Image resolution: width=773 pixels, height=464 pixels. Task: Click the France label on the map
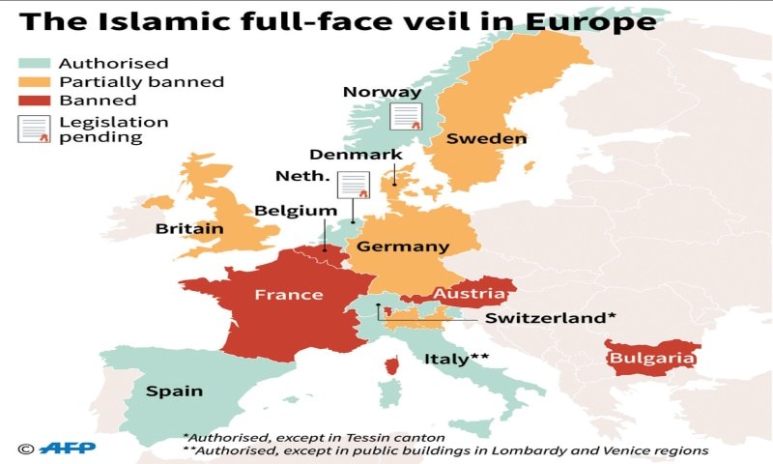(288, 294)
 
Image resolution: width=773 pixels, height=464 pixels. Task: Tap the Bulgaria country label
(650, 359)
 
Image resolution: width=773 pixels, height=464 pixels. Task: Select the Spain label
(174, 391)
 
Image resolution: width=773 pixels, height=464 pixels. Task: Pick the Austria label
(470, 293)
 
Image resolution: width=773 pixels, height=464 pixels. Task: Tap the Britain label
(189, 229)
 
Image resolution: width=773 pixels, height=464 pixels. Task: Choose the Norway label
(383, 93)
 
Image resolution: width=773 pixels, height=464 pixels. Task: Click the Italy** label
(456, 359)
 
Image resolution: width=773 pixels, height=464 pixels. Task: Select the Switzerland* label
(550, 318)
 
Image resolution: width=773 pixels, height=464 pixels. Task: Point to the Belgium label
(296, 211)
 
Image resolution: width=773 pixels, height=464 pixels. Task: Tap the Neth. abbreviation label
(302, 177)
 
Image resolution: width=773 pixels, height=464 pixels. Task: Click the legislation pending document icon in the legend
(34, 129)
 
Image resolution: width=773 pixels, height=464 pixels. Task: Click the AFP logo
(52, 448)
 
